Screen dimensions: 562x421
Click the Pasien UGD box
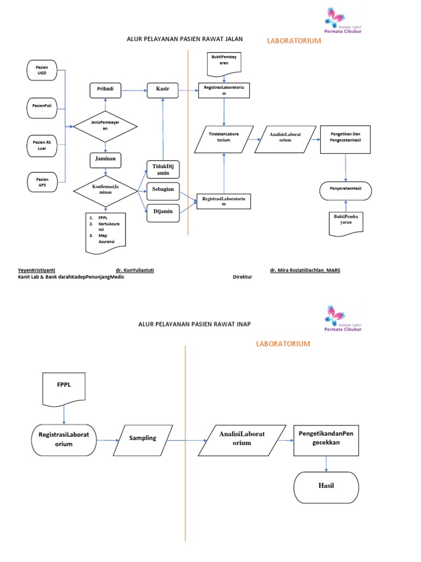[x=42, y=70]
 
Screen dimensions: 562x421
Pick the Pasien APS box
[x=42, y=183]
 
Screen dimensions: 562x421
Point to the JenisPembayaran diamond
[x=105, y=127]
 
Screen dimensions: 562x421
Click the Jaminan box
[x=105, y=160]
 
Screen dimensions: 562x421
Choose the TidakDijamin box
[x=163, y=169]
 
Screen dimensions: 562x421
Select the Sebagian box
[x=163, y=189]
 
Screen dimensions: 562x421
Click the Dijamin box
[x=163, y=211]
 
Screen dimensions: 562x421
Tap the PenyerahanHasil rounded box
[x=345, y=189]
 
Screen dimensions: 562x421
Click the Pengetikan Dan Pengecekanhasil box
[x=345, y=137]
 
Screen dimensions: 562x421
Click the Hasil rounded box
[x=327, y=486]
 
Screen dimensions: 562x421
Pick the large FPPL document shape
[x=64, y=387]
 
